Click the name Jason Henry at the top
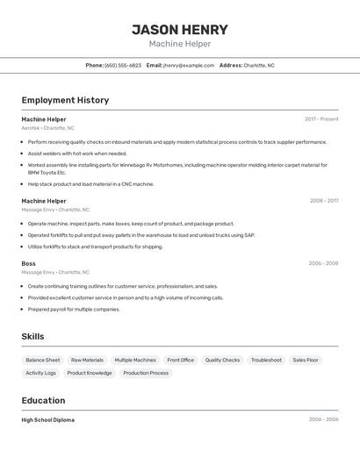(180, 30)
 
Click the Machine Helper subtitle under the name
(180, 44)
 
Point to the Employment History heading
(65, 100)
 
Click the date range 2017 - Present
(321, 119)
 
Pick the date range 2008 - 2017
(323, 201)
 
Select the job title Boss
(29, 263)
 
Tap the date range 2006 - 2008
(323, 263)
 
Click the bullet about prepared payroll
(74, 309)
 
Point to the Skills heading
(32, 337)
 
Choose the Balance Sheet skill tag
(43, 360)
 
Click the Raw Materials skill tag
(87, 360)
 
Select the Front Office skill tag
(180, 360)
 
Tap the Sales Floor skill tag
(306, 360)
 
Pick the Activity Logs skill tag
(40, 373)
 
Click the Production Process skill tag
(146, 373)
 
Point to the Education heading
(44, 400)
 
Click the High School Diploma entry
(48, 420)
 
